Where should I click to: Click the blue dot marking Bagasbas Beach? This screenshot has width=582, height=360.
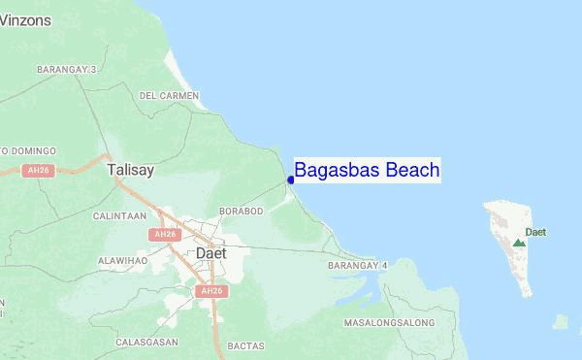[291, 180]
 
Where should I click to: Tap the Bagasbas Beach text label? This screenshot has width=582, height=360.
[367, 171]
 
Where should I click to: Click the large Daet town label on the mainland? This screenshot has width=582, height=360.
[210, 252]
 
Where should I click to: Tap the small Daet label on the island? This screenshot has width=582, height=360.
[535, 232]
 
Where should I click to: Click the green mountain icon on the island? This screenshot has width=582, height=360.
[519, 241]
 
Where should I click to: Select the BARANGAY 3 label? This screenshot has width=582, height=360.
[67, 70]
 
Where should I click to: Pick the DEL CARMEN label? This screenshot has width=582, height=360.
[169, 96]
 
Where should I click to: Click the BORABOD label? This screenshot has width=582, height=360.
[242, 211]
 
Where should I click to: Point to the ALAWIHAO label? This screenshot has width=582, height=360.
[122, 260]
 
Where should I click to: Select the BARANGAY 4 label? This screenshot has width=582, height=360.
[357, 265]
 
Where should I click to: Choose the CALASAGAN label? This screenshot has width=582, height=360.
[145, 342]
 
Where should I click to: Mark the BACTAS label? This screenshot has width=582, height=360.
[245, 344]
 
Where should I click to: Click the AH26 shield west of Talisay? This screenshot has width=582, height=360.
[38, 171]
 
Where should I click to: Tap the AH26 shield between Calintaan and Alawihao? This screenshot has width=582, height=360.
[163, 235]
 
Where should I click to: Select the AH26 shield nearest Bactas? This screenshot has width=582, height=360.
[210, 291]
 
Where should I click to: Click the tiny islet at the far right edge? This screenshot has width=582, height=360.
[561, 321]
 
